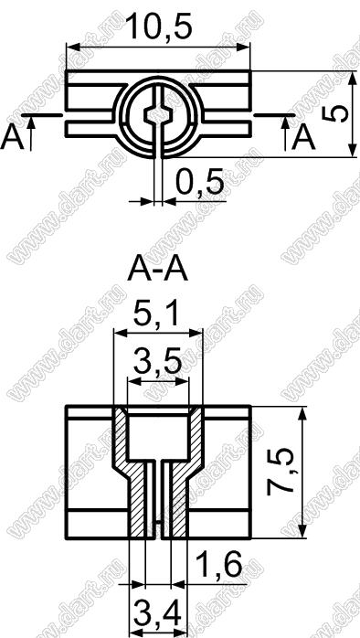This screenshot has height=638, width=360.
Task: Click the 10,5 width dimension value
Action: [x=159, y=27]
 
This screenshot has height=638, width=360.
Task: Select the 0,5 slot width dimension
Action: [x=200, y=182]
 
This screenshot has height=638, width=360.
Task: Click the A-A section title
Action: [x=158, y=271]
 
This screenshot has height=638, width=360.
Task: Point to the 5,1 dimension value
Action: [x=156, y=313]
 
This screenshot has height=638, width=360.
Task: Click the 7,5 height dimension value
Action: [x=281, y=472]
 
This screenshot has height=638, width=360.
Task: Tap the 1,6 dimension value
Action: [x=219, y=565]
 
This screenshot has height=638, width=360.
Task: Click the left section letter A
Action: [x=12, y=138]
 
